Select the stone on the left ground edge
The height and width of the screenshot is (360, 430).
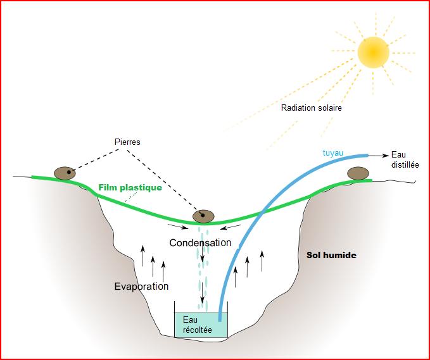[x=63, y=173]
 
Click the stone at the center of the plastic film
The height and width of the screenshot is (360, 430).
[x=204, y=216]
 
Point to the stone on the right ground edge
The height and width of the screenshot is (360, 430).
[x=357, y=173]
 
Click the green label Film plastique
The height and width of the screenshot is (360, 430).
[x=130, y=188]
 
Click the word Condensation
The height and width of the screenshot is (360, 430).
[x=200, y=242]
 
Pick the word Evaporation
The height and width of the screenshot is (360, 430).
[x=141, y=286]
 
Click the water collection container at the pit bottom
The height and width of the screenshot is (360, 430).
[x=201, y=323]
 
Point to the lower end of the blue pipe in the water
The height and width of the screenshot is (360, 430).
[x=220, y=319]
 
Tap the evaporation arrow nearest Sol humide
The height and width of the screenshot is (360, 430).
[x=261, y=261]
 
